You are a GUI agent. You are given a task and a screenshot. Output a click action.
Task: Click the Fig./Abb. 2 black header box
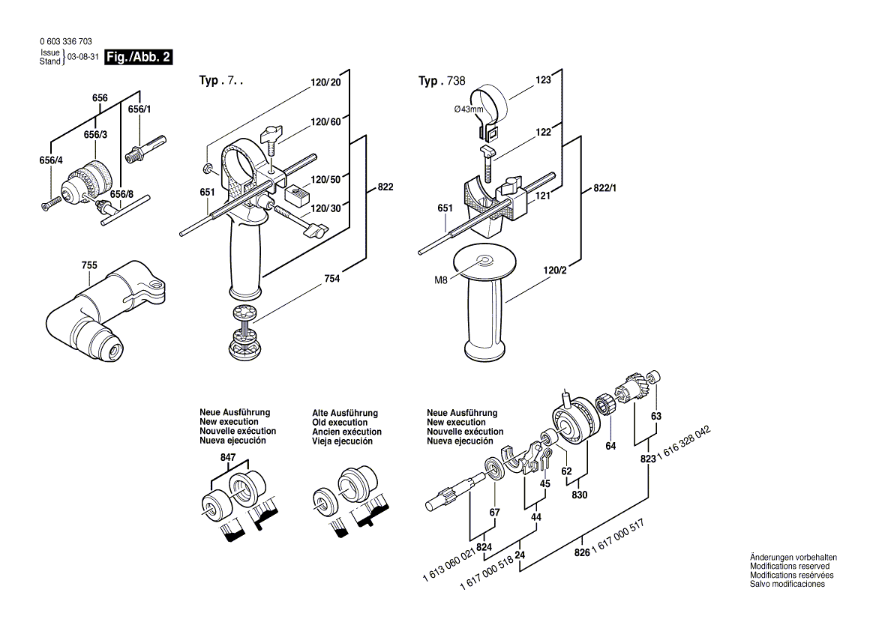(x=139, y=57)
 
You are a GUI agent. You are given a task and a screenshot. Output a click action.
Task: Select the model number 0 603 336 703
(x=65, y=42)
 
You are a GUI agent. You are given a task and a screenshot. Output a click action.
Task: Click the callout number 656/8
(x=121, y=195)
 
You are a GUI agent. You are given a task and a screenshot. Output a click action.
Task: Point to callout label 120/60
(x=326, y=121)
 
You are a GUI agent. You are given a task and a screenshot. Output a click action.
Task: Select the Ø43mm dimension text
(x=469, y=110)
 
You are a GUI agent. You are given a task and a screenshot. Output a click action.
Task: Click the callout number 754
(x=332, y=279)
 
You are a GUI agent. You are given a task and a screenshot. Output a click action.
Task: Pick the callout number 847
(x=228, y=457)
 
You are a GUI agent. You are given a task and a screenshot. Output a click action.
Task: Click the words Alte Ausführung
(x=345, y=413)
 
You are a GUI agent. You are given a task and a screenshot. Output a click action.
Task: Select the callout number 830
(x=580, y=495)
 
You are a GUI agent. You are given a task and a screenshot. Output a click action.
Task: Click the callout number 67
(x=494, y=512)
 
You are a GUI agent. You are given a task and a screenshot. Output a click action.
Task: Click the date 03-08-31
(x=82, y=58)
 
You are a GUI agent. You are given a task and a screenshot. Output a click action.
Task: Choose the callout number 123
(x=544, y=79)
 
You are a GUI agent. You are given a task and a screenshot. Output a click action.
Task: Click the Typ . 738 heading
(x=442, y=81)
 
